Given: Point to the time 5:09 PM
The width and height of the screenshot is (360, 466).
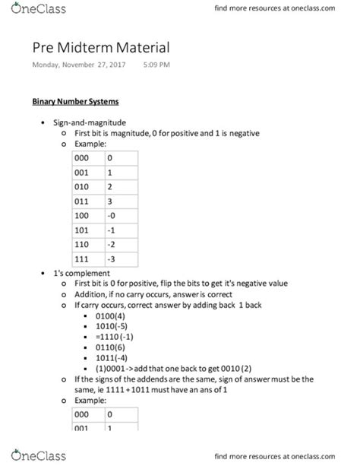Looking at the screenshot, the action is pyautogui.click(x=158, y=65).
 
